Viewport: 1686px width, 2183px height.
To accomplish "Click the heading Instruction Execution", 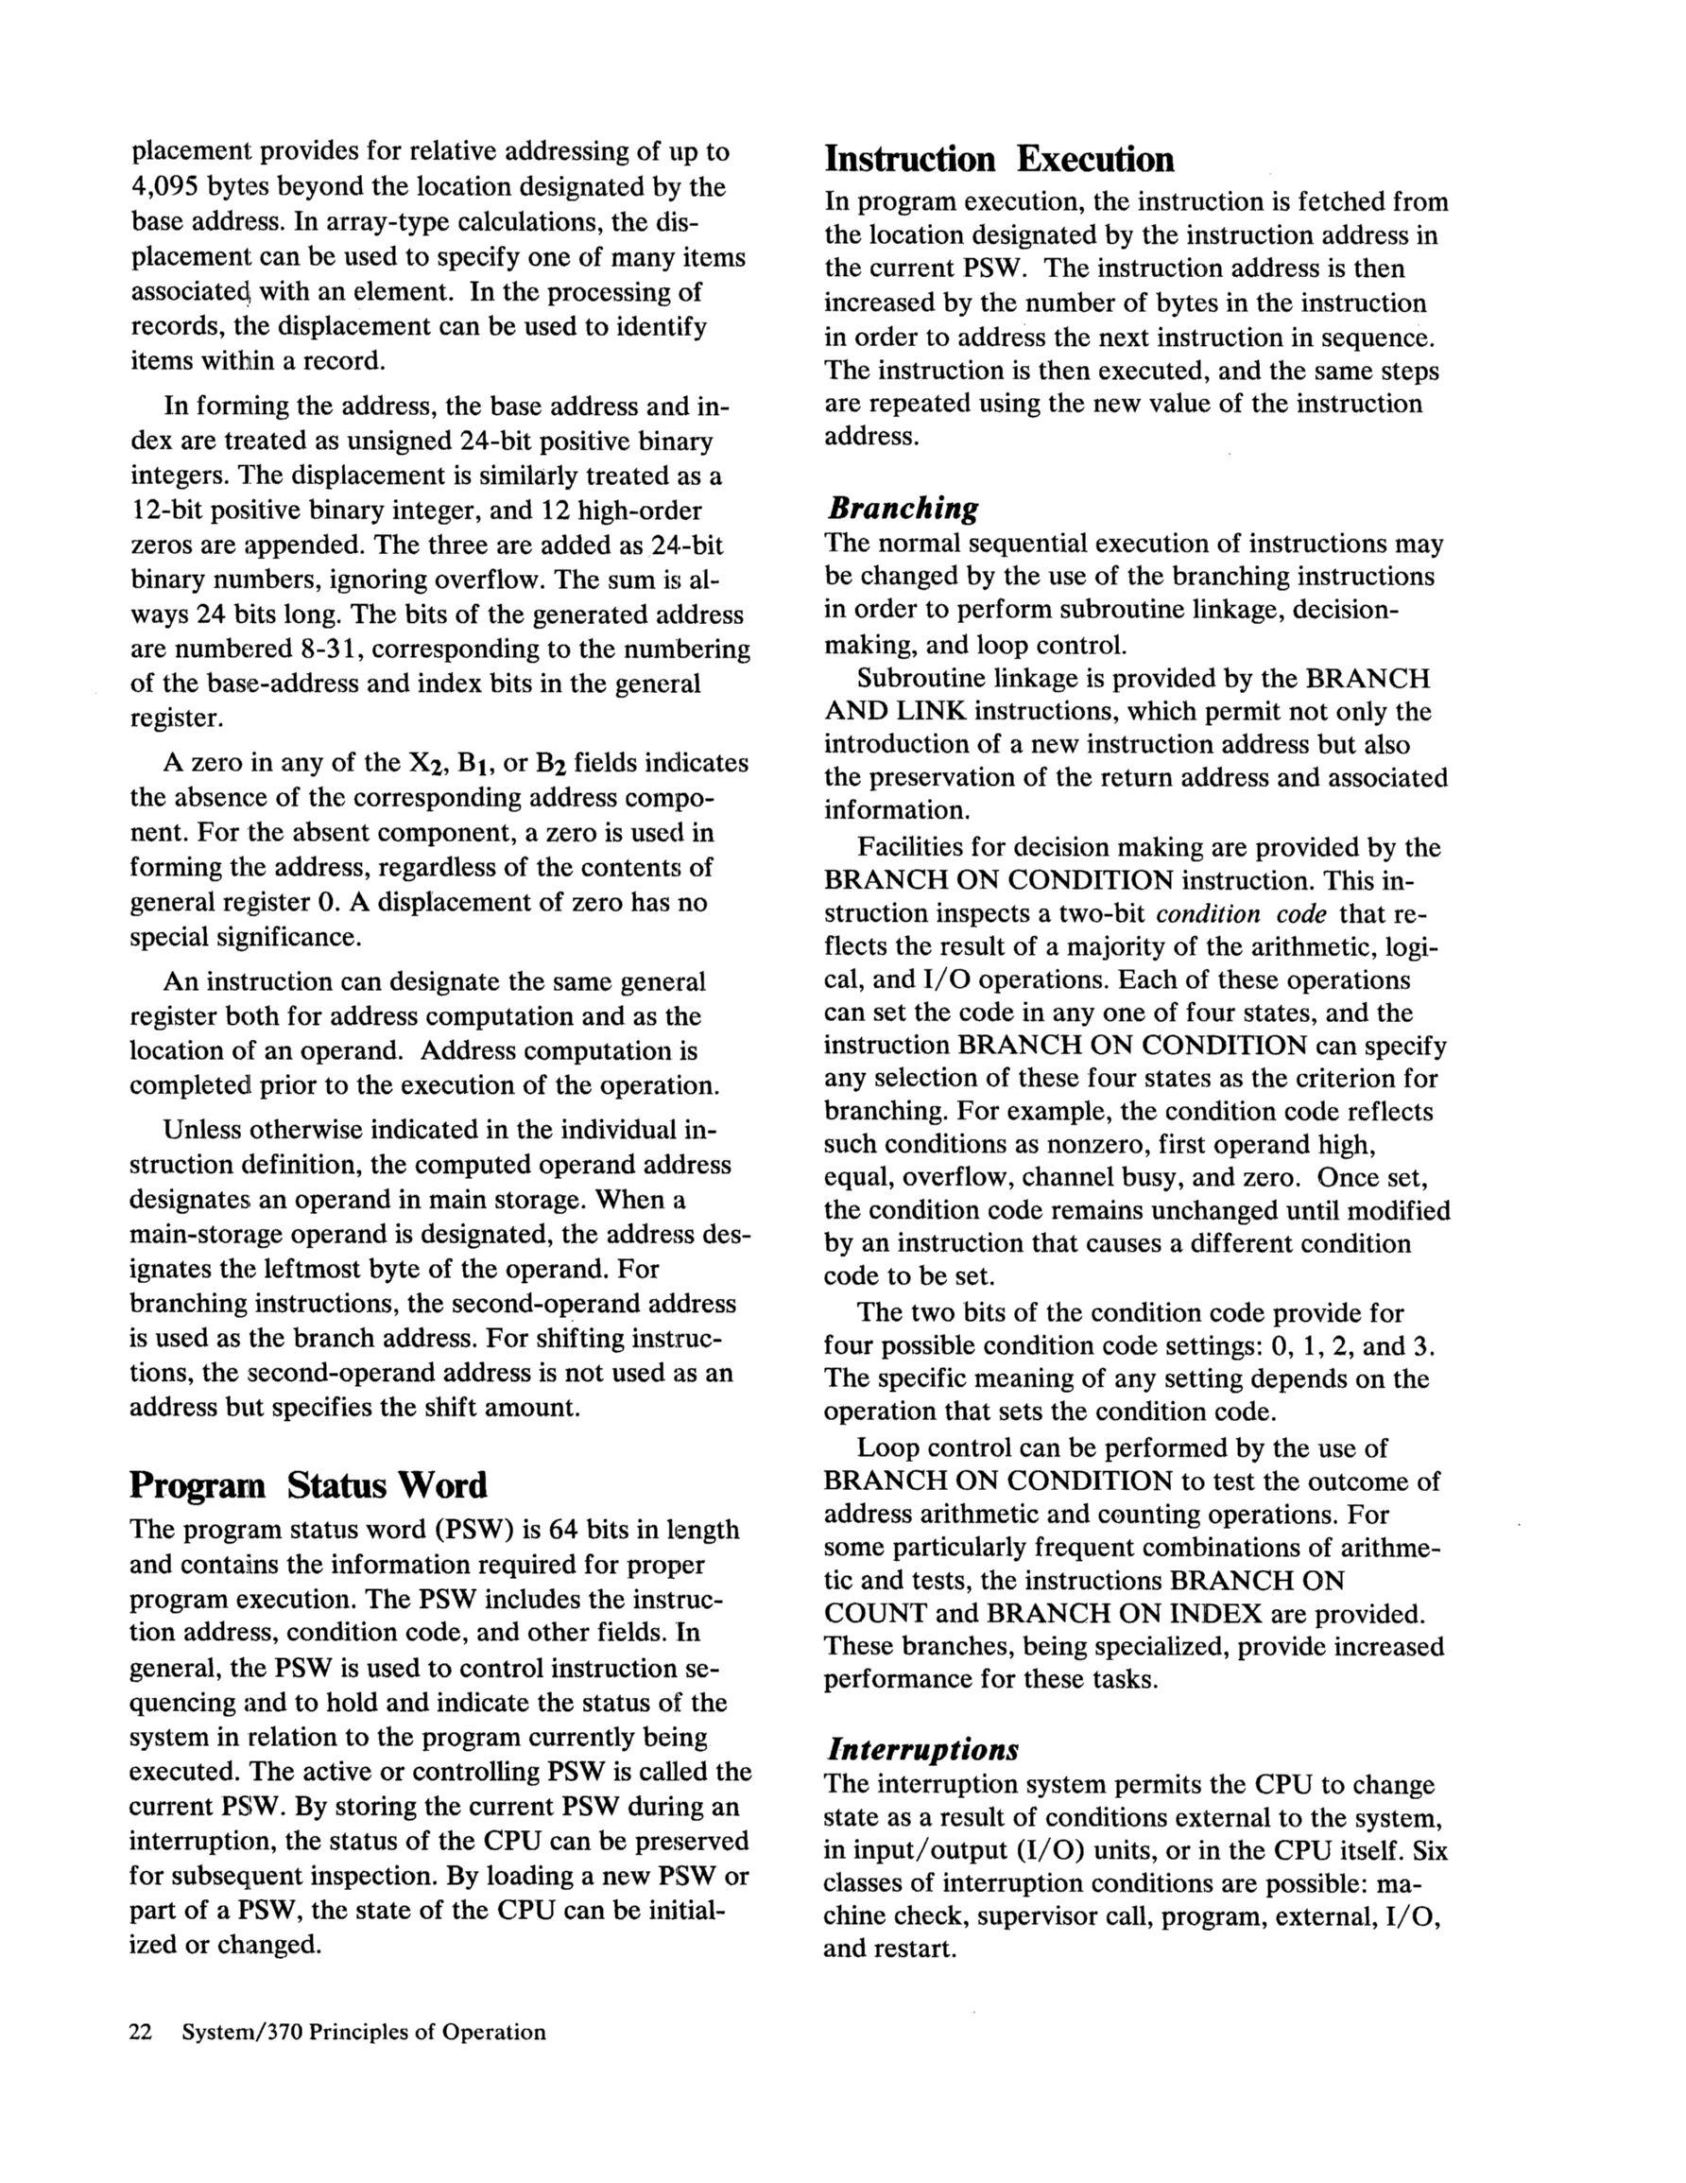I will [x=998, y=160].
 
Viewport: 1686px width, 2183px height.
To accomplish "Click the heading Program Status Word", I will [x=308, y=1485].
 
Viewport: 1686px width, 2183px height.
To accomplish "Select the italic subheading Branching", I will [x=902, y=508].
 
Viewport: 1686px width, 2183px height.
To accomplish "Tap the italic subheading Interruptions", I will [x=921, y=1749].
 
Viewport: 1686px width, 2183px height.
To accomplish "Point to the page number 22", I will [x=141, y=2032].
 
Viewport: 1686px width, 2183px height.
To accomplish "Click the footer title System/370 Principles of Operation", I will [x=364, y=2032].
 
